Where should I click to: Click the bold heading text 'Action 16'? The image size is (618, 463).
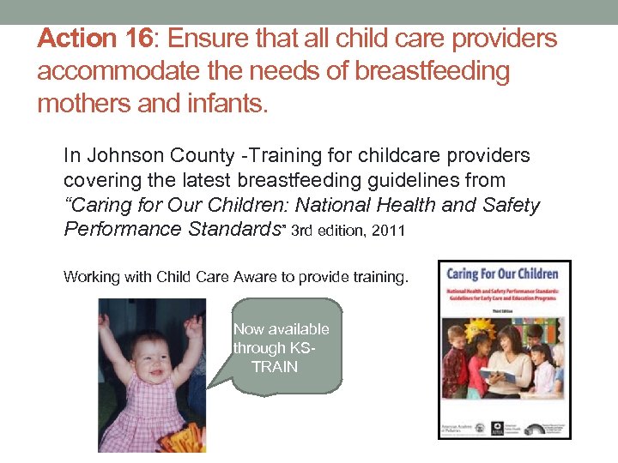point(94,39)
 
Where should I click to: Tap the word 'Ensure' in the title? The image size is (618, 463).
point(205,39)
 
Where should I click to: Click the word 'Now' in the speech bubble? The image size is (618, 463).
point(249,329)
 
